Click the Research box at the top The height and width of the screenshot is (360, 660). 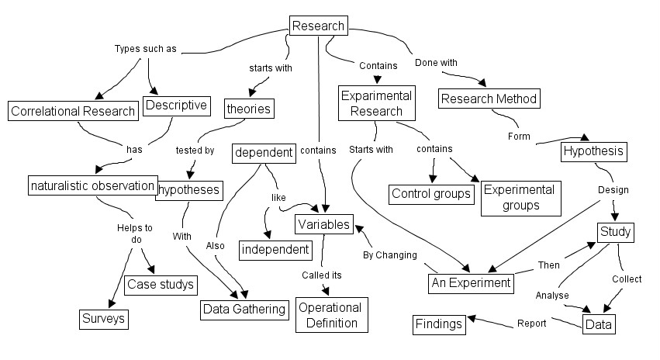click(318, 26)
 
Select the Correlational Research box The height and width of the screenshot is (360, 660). click(73, 111)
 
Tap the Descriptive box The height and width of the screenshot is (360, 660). click(176, 106)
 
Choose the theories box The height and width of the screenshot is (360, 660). click(248, 109)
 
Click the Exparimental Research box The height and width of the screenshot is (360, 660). click(377, 103)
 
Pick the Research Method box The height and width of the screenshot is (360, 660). click(489, 99)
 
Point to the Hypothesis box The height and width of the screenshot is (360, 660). click(593, 151)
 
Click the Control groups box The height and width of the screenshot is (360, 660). click(431, 193)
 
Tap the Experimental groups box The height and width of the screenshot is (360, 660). click(519, 198)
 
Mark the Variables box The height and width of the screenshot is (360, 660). click(324, 224)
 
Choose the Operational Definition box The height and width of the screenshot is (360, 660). click(328, 315)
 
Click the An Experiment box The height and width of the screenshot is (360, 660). click(471, 283)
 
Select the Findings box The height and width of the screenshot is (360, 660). click(439, 324)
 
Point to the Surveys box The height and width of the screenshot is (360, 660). click(104, 318)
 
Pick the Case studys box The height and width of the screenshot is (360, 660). click(160, 285)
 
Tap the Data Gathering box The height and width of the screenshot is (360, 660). click(244, 310)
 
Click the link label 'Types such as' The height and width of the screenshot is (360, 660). click(145, 49)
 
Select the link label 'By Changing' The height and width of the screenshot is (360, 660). click(390, 254)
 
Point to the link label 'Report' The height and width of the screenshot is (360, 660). click(532, 323)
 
